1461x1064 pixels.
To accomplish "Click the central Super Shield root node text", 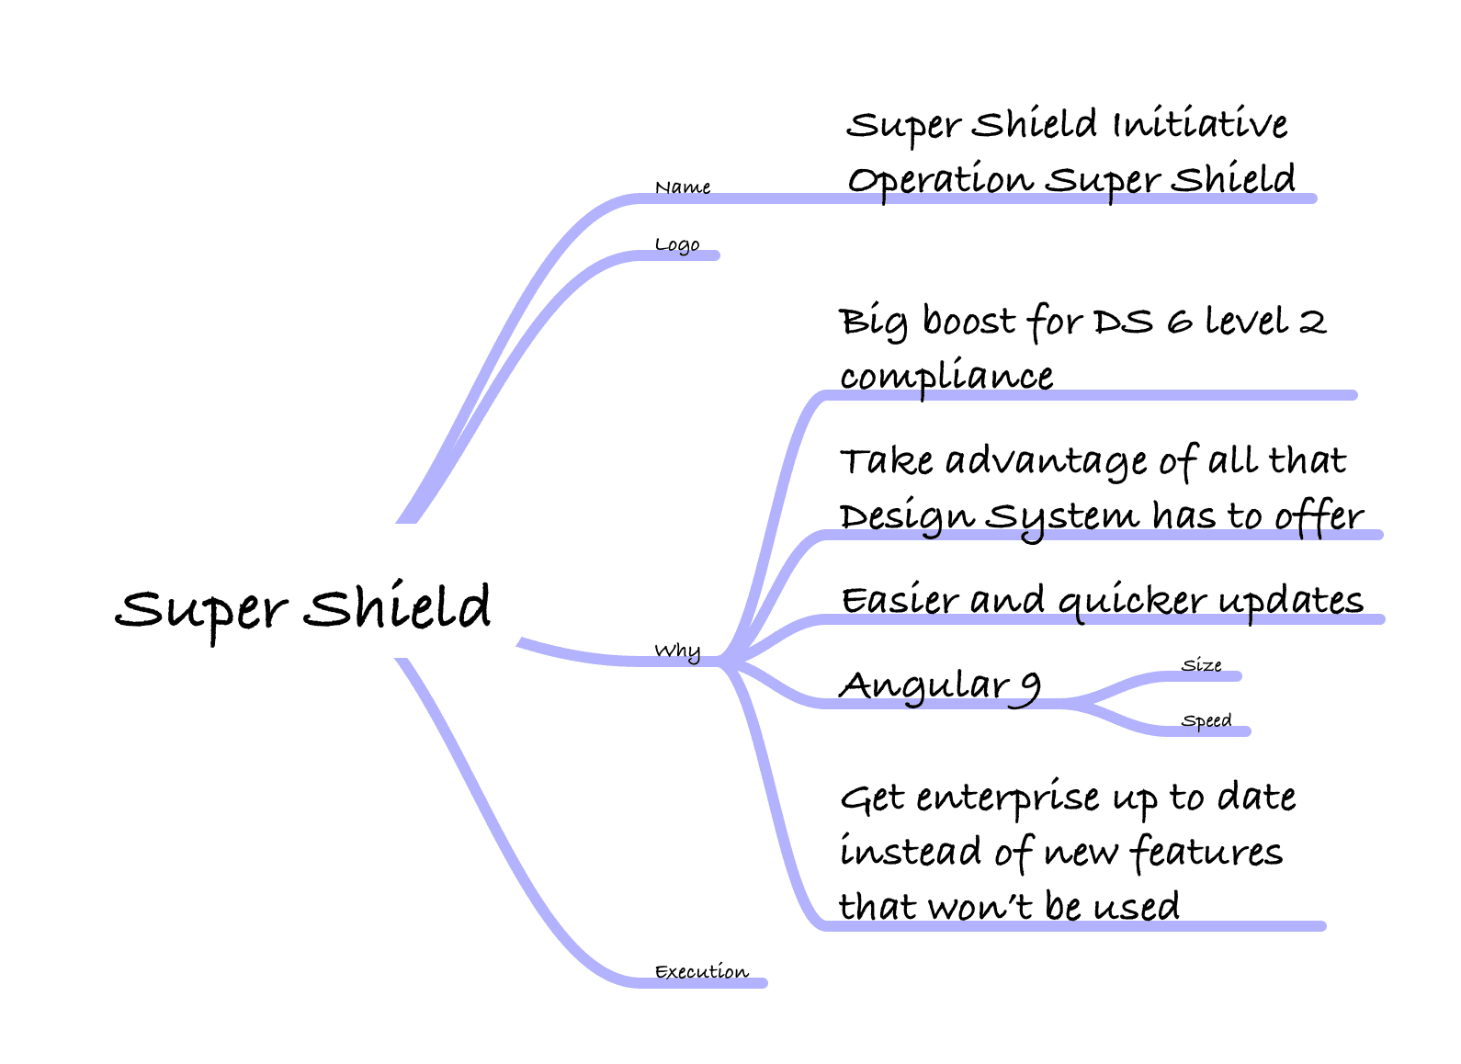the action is pos(303,612).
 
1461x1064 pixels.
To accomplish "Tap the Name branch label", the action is pos(683,187).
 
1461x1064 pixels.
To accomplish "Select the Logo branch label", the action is pos(677,245).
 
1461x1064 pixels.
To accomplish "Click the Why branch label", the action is pos(678,651).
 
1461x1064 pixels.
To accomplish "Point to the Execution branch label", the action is pos(702,972).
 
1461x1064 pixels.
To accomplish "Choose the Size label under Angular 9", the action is pos(1201,665).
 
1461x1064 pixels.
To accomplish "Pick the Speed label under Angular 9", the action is pos(1206,721).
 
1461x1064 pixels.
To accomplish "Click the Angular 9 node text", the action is pos(940,688).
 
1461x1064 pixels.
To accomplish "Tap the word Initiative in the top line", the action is pos(1201,124).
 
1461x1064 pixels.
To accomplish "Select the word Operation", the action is pos(941,179).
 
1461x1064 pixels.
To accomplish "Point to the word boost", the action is pos(969,321).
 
